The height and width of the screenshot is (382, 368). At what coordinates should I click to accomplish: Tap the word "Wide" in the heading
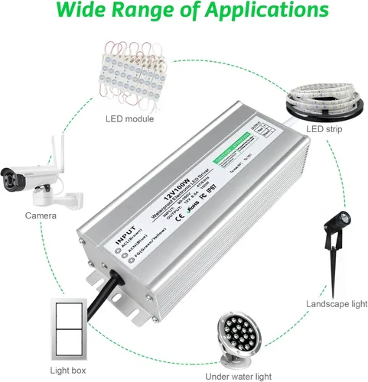(x=84, y=12)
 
